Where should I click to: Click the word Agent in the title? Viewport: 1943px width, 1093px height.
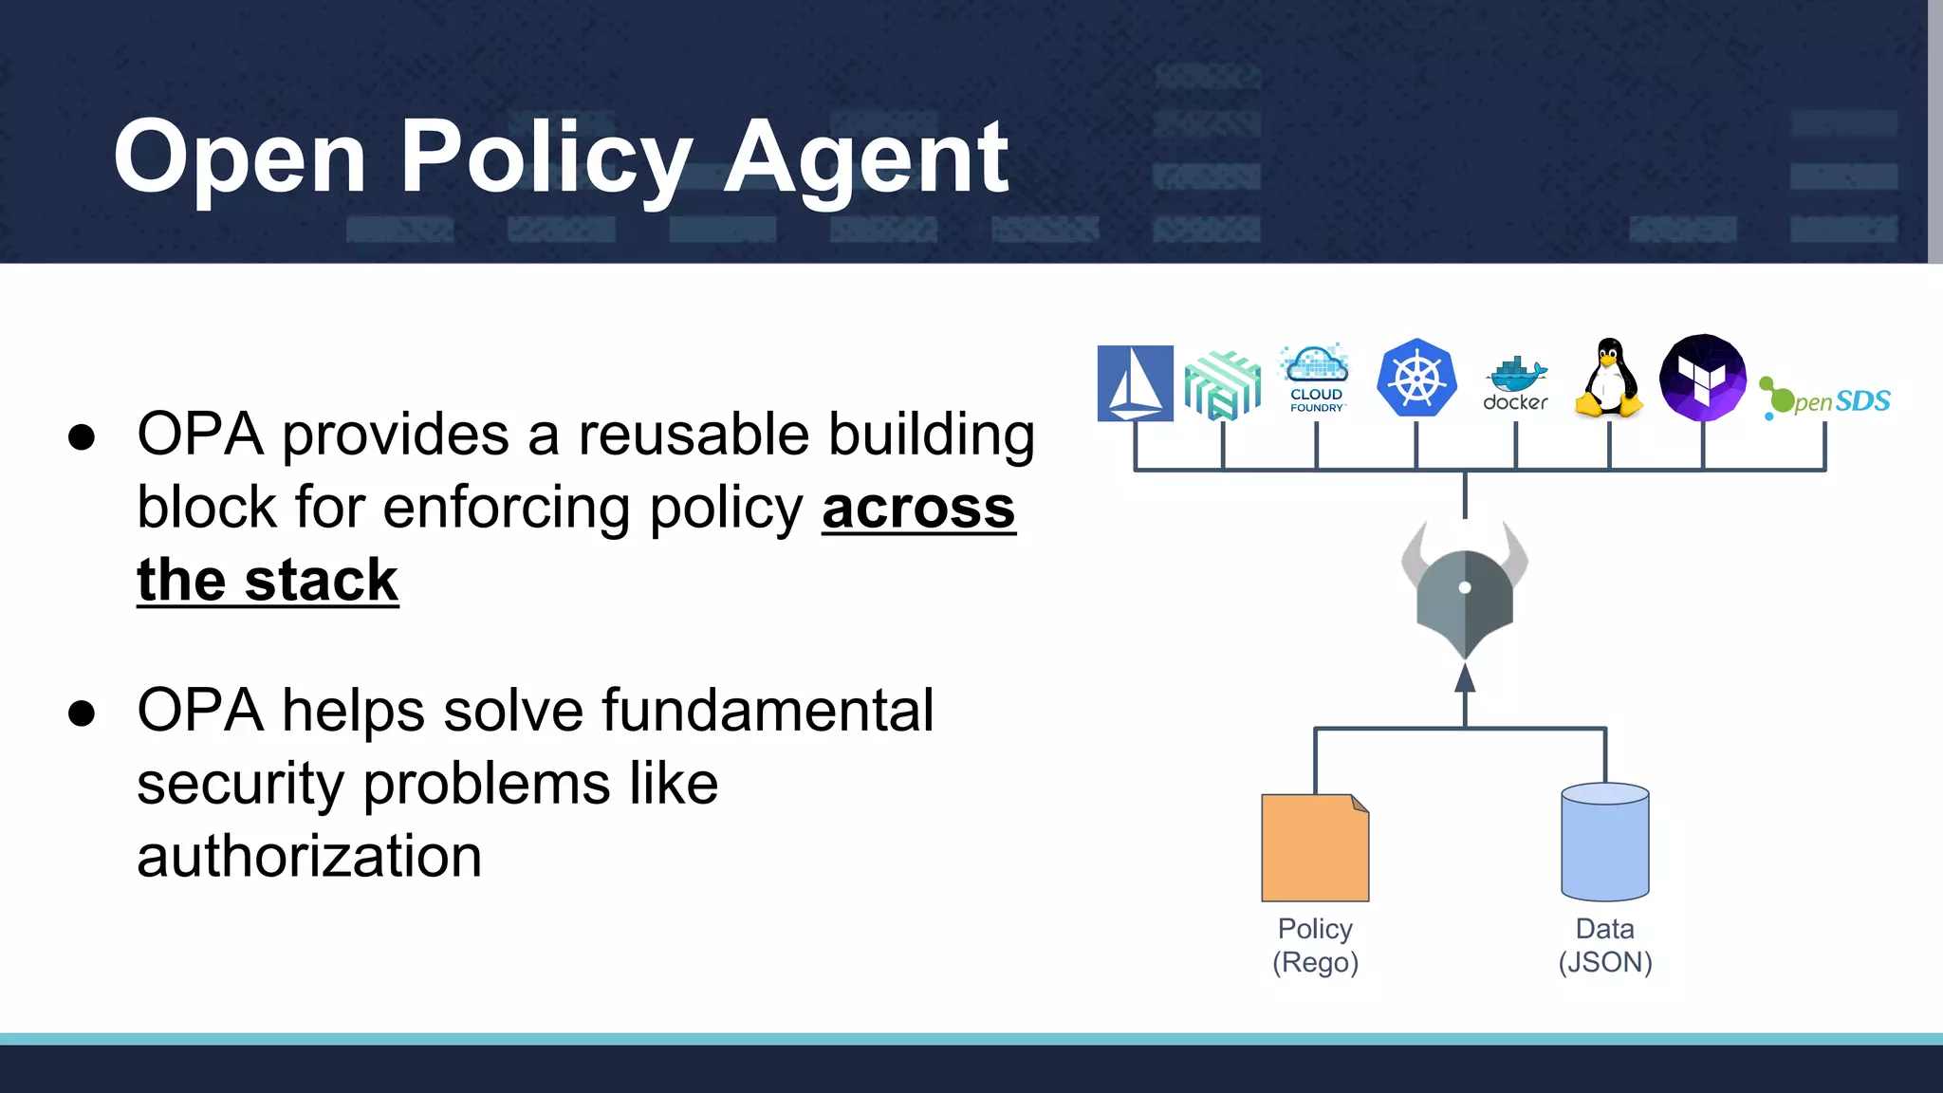tap(865, 157)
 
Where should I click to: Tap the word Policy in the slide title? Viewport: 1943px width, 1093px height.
tap(546, 157)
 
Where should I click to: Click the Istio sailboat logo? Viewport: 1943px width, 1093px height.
tap(1135, 383)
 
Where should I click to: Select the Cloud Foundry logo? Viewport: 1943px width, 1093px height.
tap(1316, 380)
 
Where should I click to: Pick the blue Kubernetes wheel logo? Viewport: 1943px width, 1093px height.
tap(1416, 378)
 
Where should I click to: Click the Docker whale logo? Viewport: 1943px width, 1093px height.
tap(1515, 384)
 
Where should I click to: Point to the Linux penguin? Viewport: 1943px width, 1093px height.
tap(1609, 379)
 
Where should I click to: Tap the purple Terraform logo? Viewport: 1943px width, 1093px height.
tap(1703, 378)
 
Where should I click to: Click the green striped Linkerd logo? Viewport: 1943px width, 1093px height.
tap(1223, 384)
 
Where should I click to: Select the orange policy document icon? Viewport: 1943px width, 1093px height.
tap(1315, 847)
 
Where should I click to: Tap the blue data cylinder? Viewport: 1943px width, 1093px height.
tap(1605, 842)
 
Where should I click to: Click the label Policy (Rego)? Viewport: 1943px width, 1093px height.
tap(1315, 945)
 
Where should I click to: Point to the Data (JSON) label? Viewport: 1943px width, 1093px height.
tap(1605, 945)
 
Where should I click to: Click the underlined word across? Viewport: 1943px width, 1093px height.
tap(918, 508)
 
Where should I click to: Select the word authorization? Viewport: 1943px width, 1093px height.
tap(309, 856)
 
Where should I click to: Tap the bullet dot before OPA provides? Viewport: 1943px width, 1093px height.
tap(82, 436)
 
